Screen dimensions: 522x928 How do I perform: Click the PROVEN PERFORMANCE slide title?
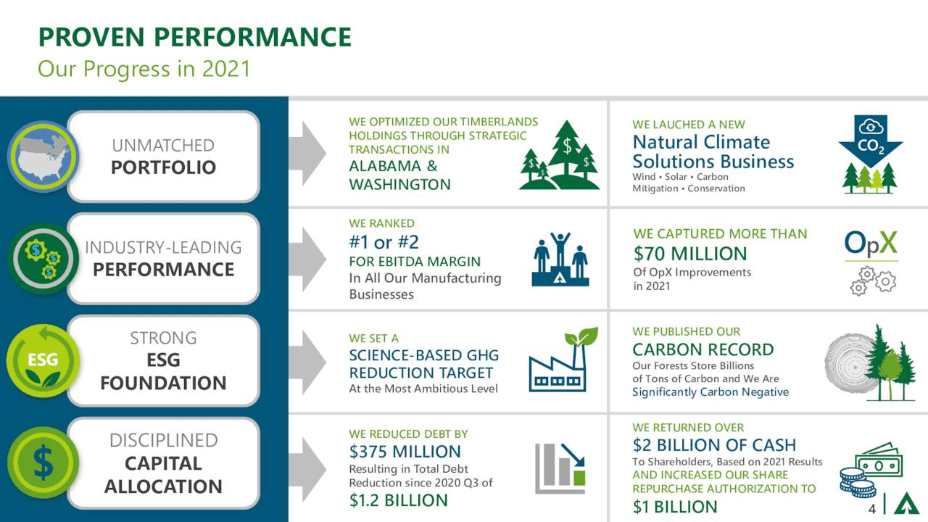pos(194,37)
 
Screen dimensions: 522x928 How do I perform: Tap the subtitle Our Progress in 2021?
pos(144,69)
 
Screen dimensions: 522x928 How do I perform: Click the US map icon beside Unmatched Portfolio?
pos(42,156)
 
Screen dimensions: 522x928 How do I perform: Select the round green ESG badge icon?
pos(42,360)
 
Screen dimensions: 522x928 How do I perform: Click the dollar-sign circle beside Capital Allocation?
pos(42,463)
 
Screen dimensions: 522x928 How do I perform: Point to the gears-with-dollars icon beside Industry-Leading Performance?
pos(42,259)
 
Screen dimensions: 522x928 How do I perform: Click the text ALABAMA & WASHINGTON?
pos(399,175)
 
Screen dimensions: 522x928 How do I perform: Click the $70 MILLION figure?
pos(689,254)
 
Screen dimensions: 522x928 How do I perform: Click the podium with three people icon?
pos(560,259)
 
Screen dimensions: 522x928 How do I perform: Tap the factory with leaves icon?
pos(563,360)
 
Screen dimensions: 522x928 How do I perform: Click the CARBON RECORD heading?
pos(703,349)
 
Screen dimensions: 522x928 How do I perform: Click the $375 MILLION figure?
pos(405,452)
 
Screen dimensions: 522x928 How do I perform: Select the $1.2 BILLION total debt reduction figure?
pos(398,500)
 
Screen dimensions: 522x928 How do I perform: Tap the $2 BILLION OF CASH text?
pos(713,445)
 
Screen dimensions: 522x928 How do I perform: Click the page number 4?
pos(872,509)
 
